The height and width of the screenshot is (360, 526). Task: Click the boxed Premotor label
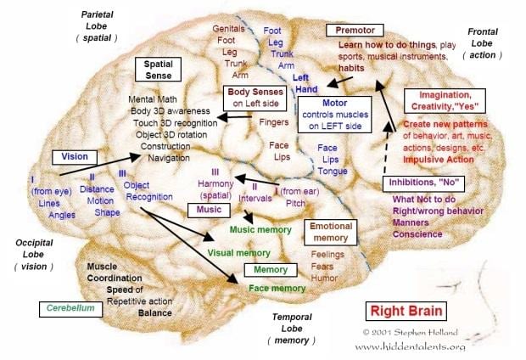tap(355, 31)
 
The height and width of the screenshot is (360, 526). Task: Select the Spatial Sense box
tap(158, 70)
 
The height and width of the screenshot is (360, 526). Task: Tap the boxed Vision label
tap(75, 157)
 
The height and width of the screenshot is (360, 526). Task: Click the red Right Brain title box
tap(406, 311)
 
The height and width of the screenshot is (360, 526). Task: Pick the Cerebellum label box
tap(70, 308)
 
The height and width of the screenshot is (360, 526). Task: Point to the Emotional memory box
tap(330, 232)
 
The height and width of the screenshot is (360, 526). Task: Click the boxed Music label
tap(209, 210)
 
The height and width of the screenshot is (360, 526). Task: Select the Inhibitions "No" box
tap(423, 183)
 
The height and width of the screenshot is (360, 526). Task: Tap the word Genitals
tap(228, 29)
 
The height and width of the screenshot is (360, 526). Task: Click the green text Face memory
tap(277, 288)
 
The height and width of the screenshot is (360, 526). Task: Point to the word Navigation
tap(169, 158)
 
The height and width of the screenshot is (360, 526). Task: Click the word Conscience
tap(417, 234)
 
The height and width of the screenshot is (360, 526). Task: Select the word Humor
tap(324, 278)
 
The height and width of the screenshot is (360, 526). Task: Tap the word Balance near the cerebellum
tap(155, 313)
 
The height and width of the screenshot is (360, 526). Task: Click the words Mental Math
tap(153, 99)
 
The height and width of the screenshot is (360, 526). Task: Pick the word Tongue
tap(333, 172)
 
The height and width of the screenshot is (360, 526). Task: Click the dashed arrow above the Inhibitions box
tap(387, 147)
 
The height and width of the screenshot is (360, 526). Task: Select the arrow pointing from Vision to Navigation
tap(100, 165)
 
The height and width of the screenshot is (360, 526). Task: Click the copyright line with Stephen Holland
tap(410, 333)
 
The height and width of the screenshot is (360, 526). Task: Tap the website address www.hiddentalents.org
tap(411, 346)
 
